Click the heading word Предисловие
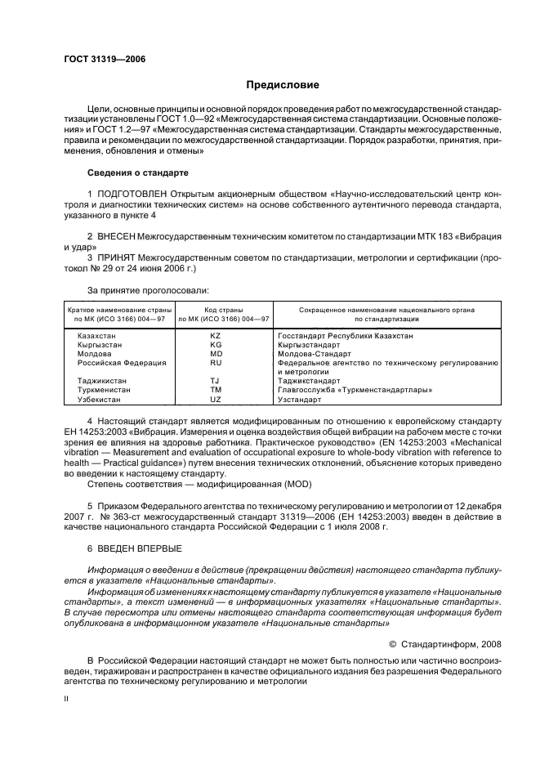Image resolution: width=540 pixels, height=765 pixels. click(283, 85)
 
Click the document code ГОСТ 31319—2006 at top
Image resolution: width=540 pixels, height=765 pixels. click(105, 59)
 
